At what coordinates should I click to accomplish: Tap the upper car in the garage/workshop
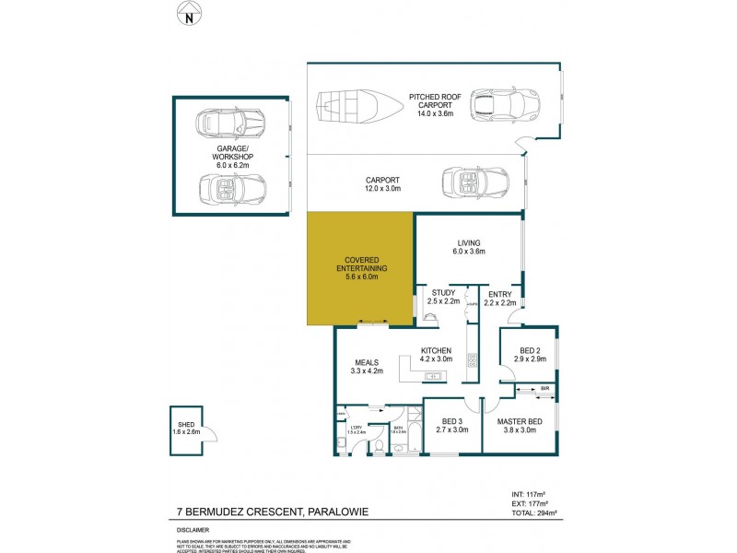(230, 122)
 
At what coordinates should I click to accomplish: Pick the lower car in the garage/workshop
(230, 189)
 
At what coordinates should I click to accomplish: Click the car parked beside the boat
(503, 106)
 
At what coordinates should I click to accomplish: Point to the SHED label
(184, 424)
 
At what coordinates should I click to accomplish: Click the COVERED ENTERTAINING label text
(361, 265)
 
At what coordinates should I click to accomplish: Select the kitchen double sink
(434, 376)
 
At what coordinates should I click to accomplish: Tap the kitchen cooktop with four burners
(473, 360)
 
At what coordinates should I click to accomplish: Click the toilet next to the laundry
(377, 447)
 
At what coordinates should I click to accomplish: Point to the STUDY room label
(444, 293)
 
